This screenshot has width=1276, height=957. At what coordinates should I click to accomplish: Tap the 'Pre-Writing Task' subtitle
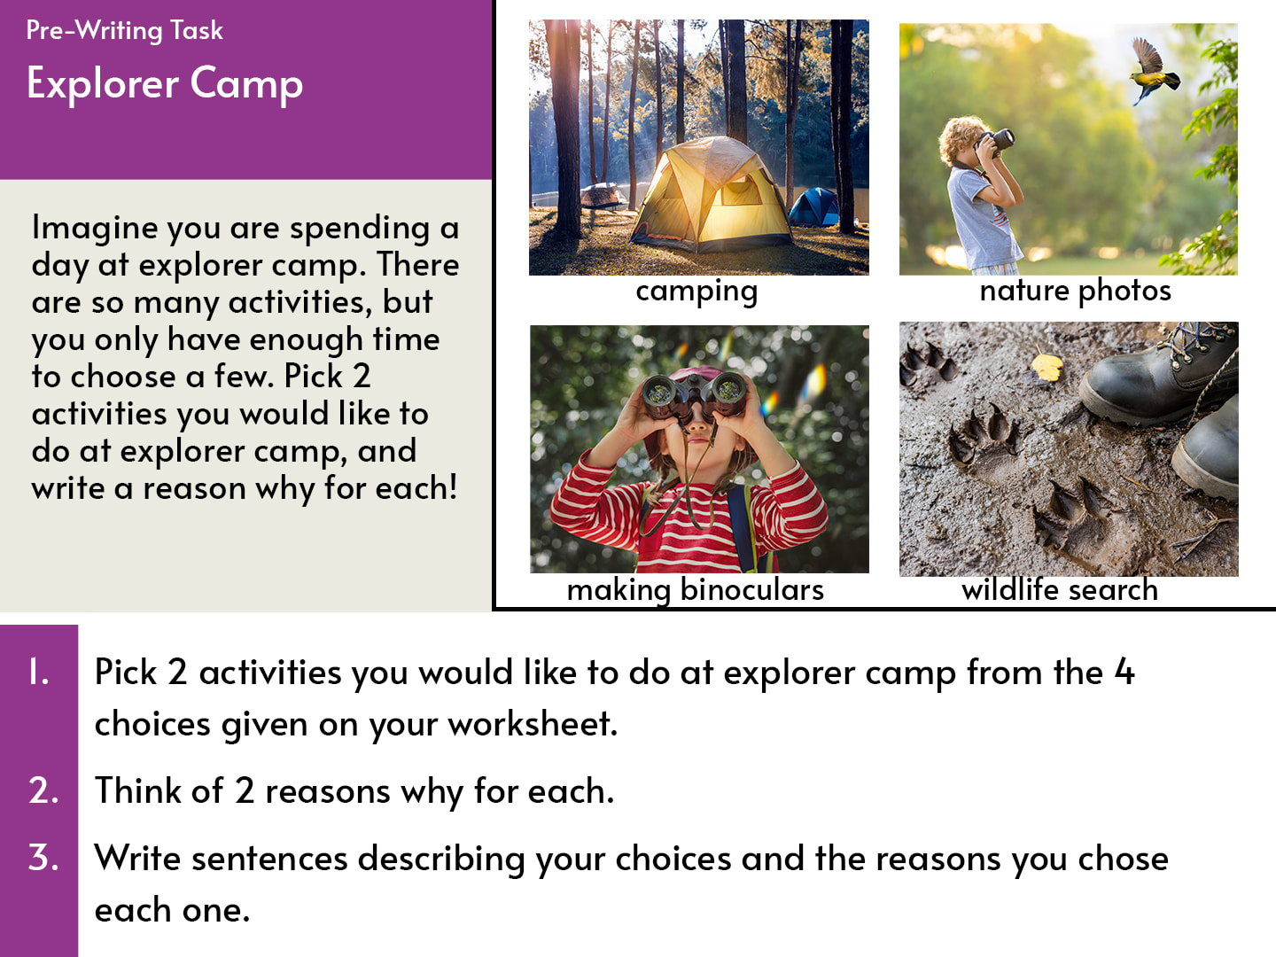(x=124, y=31)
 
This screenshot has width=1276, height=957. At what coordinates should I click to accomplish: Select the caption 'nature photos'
(x=1075, y=291)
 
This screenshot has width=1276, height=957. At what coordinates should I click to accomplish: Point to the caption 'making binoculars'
(x=696, y=591)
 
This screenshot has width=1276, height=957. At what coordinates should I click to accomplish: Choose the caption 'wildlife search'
(x=1060, y=589)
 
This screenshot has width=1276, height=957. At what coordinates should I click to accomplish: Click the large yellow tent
(x=709, y=195)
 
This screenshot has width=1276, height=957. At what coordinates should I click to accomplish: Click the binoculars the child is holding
(x=694, y=395)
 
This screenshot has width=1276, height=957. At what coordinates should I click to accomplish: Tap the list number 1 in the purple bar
(x=39, y=673)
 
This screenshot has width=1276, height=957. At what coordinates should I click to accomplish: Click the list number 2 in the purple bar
(x=43, y=790)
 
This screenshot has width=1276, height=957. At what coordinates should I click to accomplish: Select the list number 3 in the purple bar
(x=43, y=857)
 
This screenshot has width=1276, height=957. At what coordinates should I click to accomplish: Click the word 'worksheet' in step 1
(x=532, y=724)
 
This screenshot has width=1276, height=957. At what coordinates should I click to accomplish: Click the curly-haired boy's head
(x=961, y=139)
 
